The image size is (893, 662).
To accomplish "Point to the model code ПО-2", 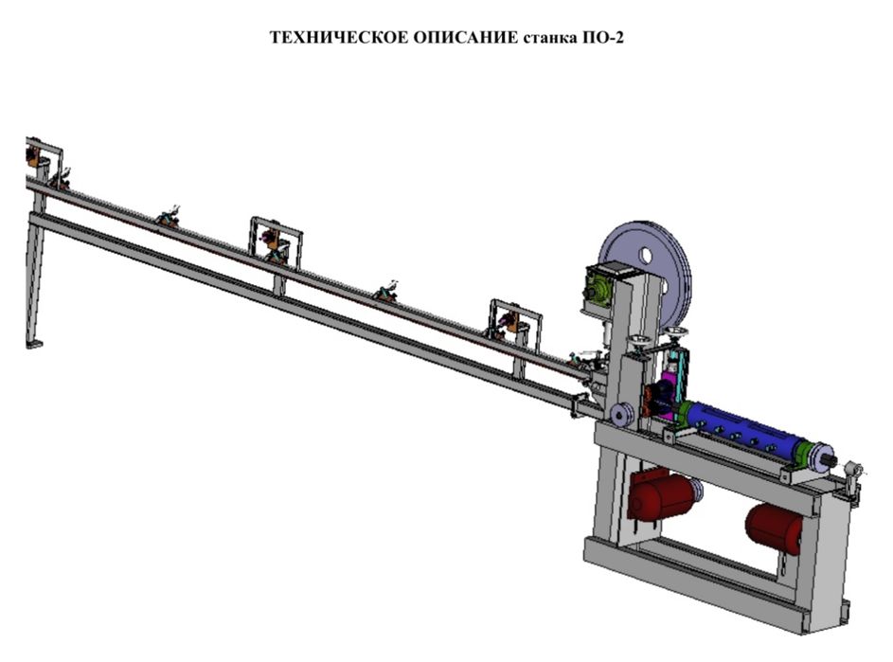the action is click(602, 38).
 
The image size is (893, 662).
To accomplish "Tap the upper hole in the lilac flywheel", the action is click(645, 255).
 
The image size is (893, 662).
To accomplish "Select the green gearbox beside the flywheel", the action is click(599, 289).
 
